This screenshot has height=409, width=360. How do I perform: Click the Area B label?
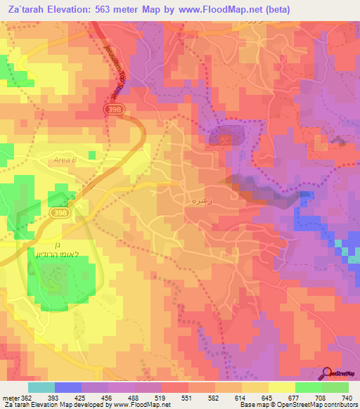tap(64, 161)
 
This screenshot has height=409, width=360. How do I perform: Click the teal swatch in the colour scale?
tap(41, 387)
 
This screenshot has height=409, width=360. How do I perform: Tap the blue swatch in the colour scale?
tap(68, 387)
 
